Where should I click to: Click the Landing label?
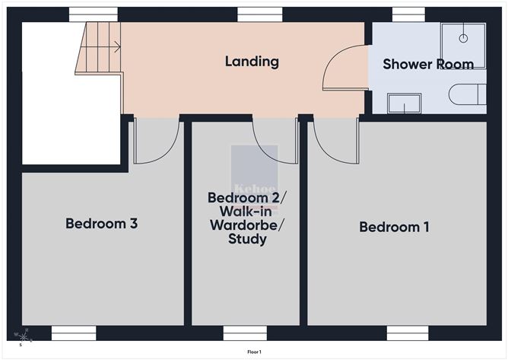click(252, 62)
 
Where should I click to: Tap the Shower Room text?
click(428, 64)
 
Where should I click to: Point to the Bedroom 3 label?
click(101, 224)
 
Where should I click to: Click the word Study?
click(247, 240)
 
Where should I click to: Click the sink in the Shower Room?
click(404, 103)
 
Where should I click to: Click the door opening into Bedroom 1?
click(334, 141)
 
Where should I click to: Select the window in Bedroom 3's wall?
click(74, 333)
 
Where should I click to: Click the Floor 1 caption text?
click(254, 352)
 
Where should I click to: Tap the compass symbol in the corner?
click(25, 335)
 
